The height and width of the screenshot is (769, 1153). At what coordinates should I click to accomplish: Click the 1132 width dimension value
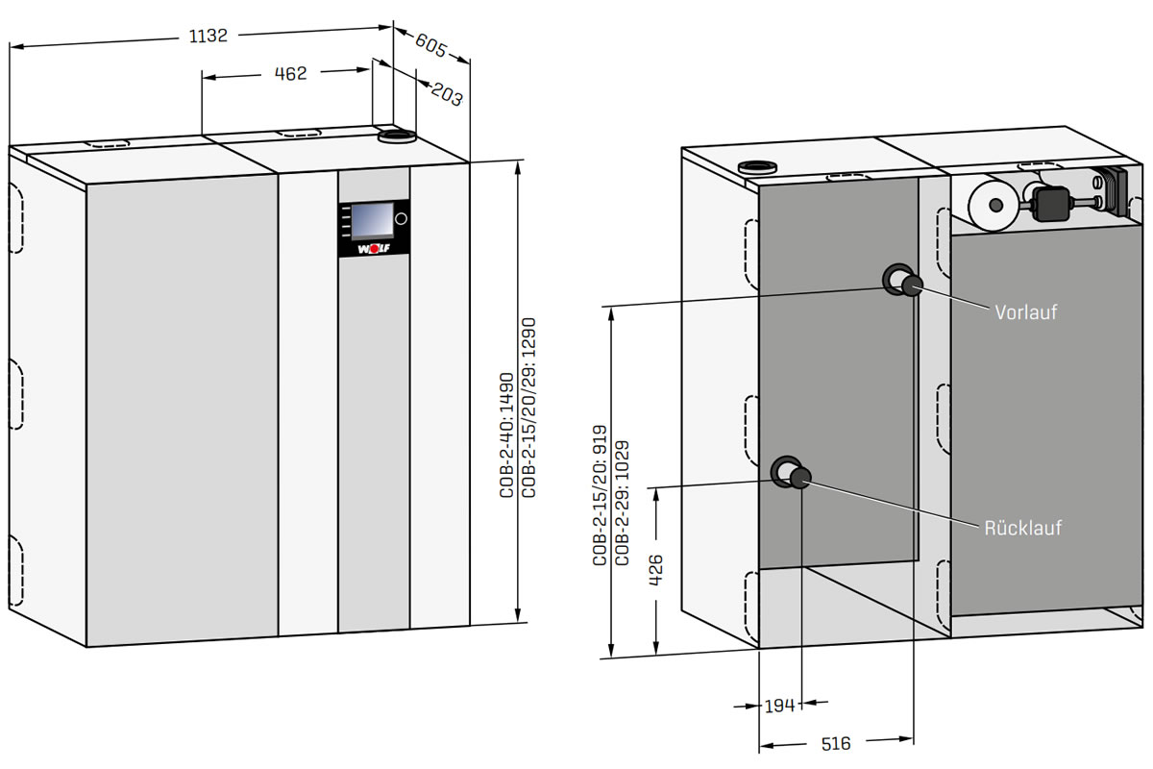[x=209, y=36]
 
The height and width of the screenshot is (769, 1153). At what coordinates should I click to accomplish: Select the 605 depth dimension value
[x=431, y=43]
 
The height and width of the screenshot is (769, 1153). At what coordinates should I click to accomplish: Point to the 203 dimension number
[x=447, y=94]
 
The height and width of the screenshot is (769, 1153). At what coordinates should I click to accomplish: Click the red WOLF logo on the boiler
[x=373, y=248]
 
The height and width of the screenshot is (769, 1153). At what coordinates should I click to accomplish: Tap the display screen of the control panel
[x=371, y=220]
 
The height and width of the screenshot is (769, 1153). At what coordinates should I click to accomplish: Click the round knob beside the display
[x=401, y=219]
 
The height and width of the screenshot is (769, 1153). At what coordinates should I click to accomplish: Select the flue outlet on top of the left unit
[x=395, y=137]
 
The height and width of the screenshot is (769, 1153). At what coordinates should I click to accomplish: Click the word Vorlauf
[x=1025, y=312]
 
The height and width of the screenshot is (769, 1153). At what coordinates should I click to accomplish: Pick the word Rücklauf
[x=1022, y=529]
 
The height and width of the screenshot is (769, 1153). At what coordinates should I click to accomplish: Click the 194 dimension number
[x=779, y=707]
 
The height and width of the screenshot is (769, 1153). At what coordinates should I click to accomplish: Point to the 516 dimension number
[x=837, y=743]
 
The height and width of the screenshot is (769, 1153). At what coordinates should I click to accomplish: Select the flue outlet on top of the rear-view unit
[x=757, y=165]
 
